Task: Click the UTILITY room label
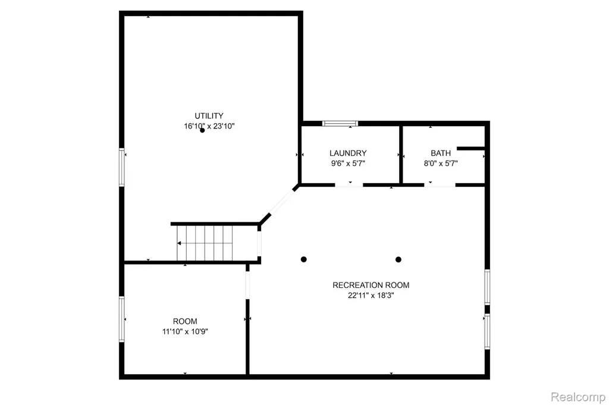pos(209,116)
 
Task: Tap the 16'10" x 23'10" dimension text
pos(209,126)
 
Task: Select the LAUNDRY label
pos(348,153)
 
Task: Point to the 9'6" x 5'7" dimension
pos(348,163)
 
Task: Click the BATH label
pos(441,153)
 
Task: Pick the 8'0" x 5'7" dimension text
pos(441,163)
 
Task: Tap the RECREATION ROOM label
pos(371,285)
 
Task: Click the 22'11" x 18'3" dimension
pos(371,295)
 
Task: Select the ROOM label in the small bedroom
pos(185,321)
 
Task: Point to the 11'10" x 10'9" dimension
pos(185,331)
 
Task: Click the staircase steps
pos(205,243)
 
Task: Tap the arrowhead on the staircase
pos(179,243)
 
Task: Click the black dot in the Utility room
pos(202,130)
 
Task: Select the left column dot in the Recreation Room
pos(304,259)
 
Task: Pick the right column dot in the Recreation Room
pos(398,259)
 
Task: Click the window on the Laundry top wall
pos(340,124)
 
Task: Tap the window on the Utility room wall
pos(121,167)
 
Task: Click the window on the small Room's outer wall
pos(121,319)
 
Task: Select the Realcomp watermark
pos(578,397)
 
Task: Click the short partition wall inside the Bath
pos(471,148)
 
